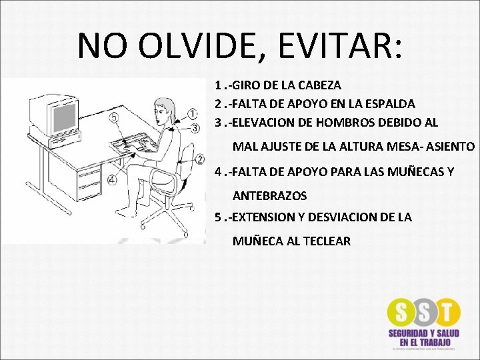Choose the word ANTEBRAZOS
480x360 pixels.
(269, 196)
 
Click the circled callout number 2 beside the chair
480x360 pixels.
(200, 158)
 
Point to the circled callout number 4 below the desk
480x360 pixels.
(111, 179)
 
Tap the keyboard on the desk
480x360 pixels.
(130, 145)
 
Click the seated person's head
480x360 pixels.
(163, 108)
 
